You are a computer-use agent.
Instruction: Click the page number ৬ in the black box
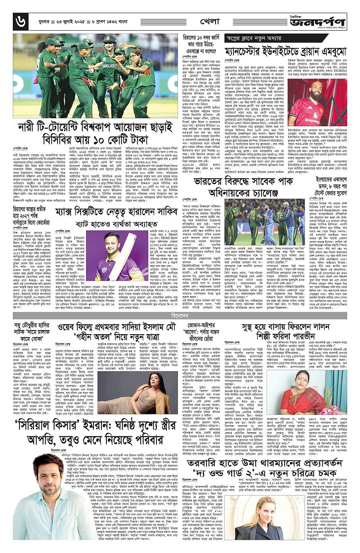click(18, 19)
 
